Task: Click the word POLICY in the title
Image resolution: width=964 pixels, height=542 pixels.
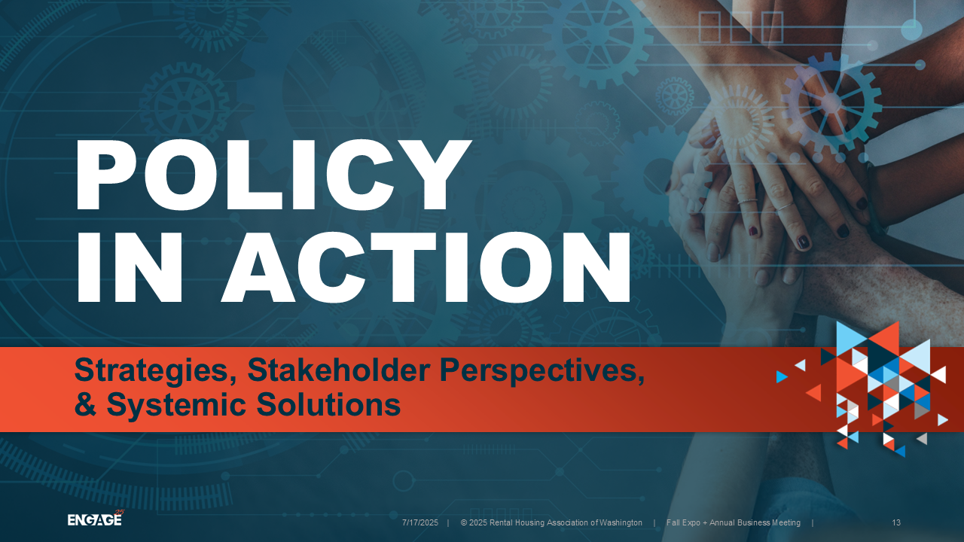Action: pyautogui.click(x=273, y=175)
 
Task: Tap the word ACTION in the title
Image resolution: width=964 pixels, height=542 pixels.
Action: pyautogui.click(x=427, y=267)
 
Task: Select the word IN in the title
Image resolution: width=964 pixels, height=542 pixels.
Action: pyautogui.click(x=129, y=267)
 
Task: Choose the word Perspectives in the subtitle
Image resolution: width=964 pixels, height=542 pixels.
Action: pyautogui.click(x=541, y=371)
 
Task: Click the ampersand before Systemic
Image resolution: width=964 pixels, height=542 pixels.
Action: pyautogui.click(x=85, y=404)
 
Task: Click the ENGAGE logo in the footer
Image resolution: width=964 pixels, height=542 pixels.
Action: pyautogui.click(x=96, y=519)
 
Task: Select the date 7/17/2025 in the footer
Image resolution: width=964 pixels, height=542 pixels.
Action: pyautogui.click(x=420, y=522)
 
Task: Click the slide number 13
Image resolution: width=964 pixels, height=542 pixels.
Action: pyautogui.click(x=896, y=522)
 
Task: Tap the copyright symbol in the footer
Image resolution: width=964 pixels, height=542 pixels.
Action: pyautogui.click(x=464, y=522)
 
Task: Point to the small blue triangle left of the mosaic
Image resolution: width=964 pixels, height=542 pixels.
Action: pyautogui.click(x=782, y=377)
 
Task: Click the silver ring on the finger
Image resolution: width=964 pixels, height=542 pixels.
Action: pyautogui.click(x=748, y=201)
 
